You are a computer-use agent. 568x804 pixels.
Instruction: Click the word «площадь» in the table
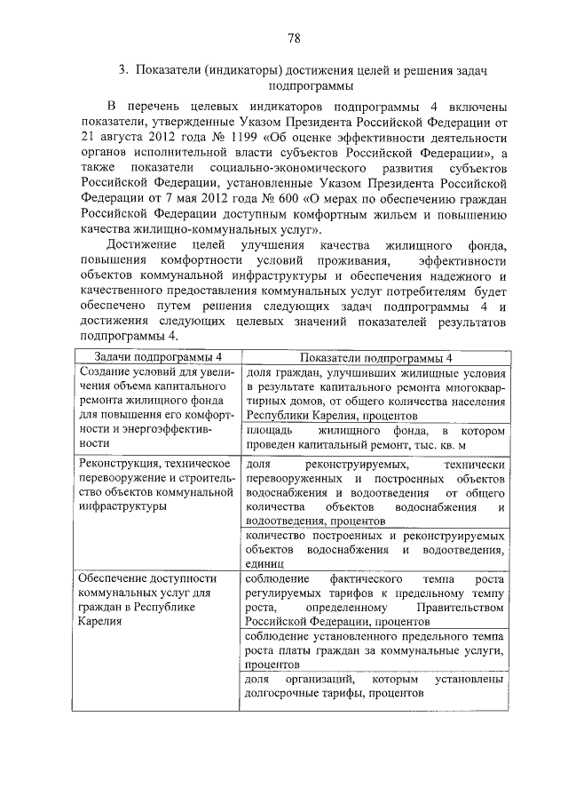point(269,429)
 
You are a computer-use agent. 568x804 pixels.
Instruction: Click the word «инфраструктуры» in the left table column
point(122,507)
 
